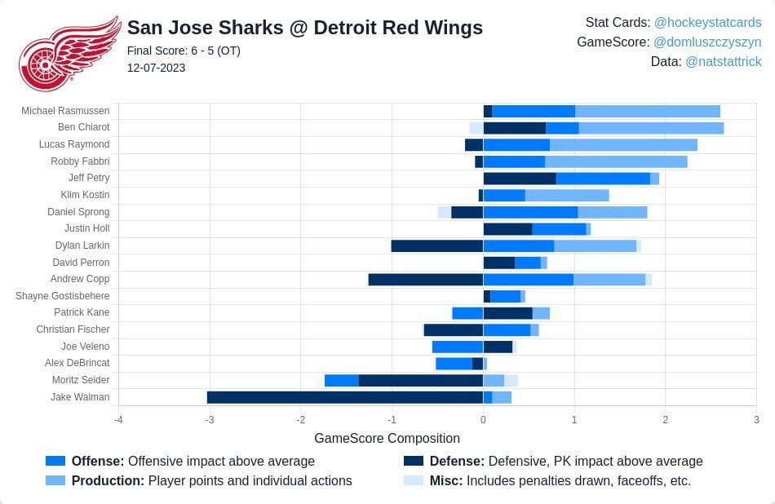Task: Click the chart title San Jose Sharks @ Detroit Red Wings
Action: (x=304, y=28)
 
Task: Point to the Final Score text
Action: (x=184, y=51)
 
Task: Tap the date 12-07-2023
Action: (x=156, y=68)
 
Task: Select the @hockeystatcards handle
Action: (x=707, y=22)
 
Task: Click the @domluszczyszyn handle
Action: (x=707, y=42)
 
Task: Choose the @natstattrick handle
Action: (x=723, y=61)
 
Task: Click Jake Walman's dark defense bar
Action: (x=344, y=397)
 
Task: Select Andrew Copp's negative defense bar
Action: (x=425, y=279)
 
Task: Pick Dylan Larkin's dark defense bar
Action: (x=436, y=245)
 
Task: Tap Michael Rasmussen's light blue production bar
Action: (x=647, y=111)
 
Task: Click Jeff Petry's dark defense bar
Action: (x=519, y=178)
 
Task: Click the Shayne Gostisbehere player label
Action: (x=62, y=296)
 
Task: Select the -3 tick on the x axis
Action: (x=210, y=420)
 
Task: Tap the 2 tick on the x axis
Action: (x=665, y=420)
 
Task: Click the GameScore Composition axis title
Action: (x=387, y=438)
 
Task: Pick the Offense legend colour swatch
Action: (x=55, y=461)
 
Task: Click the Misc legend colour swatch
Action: (x=414, y=480)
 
